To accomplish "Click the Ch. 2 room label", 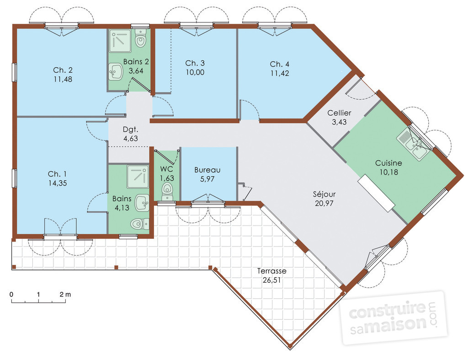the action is point(63,70).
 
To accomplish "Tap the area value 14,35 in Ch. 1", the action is point(58,183).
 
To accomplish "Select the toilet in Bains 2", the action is point(140,38).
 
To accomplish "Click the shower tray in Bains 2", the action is point(120,41).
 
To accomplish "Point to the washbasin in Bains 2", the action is point(116,71).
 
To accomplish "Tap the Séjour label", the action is point(324,194).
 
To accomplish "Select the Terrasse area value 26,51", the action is point(271,280).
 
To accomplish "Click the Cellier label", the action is point(339,113).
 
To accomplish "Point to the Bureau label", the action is point(207,170).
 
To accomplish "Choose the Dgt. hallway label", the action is point(131,129).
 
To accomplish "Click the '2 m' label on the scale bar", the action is point(65,294).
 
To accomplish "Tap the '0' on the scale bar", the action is point(11,294).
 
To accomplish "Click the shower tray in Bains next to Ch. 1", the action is point(138,177).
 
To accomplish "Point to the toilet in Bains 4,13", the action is point(140,224).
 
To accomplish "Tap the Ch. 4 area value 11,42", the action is point(280,73).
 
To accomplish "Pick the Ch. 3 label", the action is point(195,63).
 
